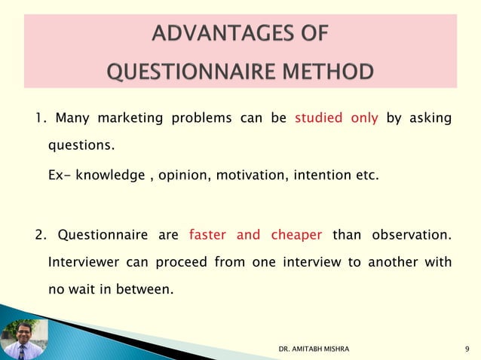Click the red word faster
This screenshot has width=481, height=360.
(x=207, y=235)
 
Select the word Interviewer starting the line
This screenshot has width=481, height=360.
(x=84, y=262)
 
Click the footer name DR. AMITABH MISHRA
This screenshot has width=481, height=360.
(x=314, y=350)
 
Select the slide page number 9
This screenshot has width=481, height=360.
(x=468, y=350)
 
